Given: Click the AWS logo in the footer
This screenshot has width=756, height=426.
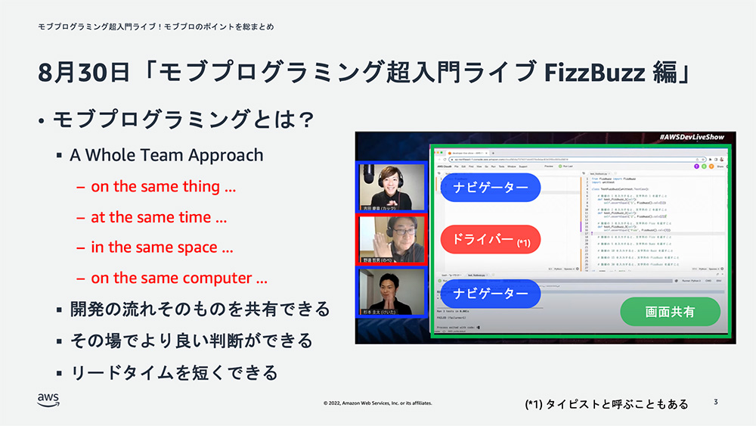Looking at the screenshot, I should pos(48,400).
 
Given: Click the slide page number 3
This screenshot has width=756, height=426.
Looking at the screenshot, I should pos(715,402).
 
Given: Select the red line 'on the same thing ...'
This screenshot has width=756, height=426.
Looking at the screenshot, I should pos(163,186).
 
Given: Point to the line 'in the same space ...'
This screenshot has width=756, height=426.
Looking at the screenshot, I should pos(162,247).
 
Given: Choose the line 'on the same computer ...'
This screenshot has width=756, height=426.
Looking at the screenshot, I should pos(179,278).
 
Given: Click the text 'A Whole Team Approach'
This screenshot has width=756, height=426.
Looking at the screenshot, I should pos(166,155).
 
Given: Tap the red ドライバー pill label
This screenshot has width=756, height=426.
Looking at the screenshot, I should pos(491,240).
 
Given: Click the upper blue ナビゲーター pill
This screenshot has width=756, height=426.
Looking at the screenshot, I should pos(490,186).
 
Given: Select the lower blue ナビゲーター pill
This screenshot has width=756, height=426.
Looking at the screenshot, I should pos(490,293).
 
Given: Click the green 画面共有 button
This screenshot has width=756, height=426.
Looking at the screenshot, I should pos(670,311).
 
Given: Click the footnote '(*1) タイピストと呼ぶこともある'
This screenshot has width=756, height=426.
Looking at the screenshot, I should pos(606,404).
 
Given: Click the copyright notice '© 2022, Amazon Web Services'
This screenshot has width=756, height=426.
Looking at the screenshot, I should pos(378,403).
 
